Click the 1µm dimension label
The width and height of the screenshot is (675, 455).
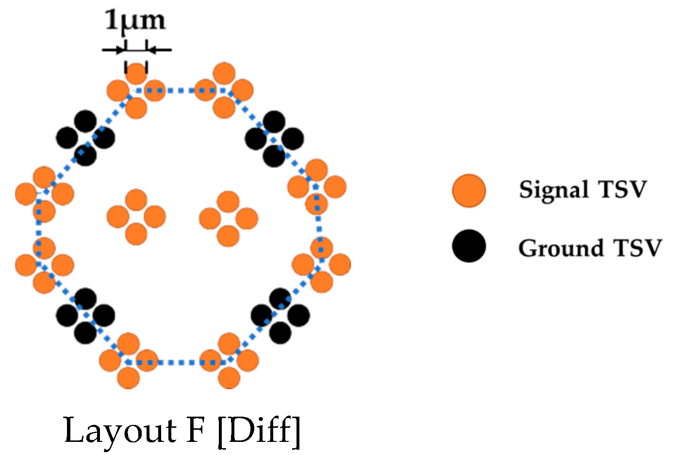(135, 21)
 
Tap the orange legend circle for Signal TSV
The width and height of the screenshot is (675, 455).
(469, 190)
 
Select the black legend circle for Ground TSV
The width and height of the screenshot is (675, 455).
(469, 246)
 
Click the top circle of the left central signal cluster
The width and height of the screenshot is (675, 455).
(136, 200)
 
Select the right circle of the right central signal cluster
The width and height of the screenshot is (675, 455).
(247, 219)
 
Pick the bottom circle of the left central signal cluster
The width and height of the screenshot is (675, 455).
(136, 235)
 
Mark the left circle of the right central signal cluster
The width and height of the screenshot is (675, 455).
(210, 219)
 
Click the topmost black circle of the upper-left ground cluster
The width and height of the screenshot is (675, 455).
(85, 121)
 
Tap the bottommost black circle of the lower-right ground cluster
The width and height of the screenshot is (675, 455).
(280, 333)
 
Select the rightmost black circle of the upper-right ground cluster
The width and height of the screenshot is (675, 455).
(293, 139)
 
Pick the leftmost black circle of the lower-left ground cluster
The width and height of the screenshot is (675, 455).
(67, 316)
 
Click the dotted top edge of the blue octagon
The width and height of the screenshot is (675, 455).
(180, 90)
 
